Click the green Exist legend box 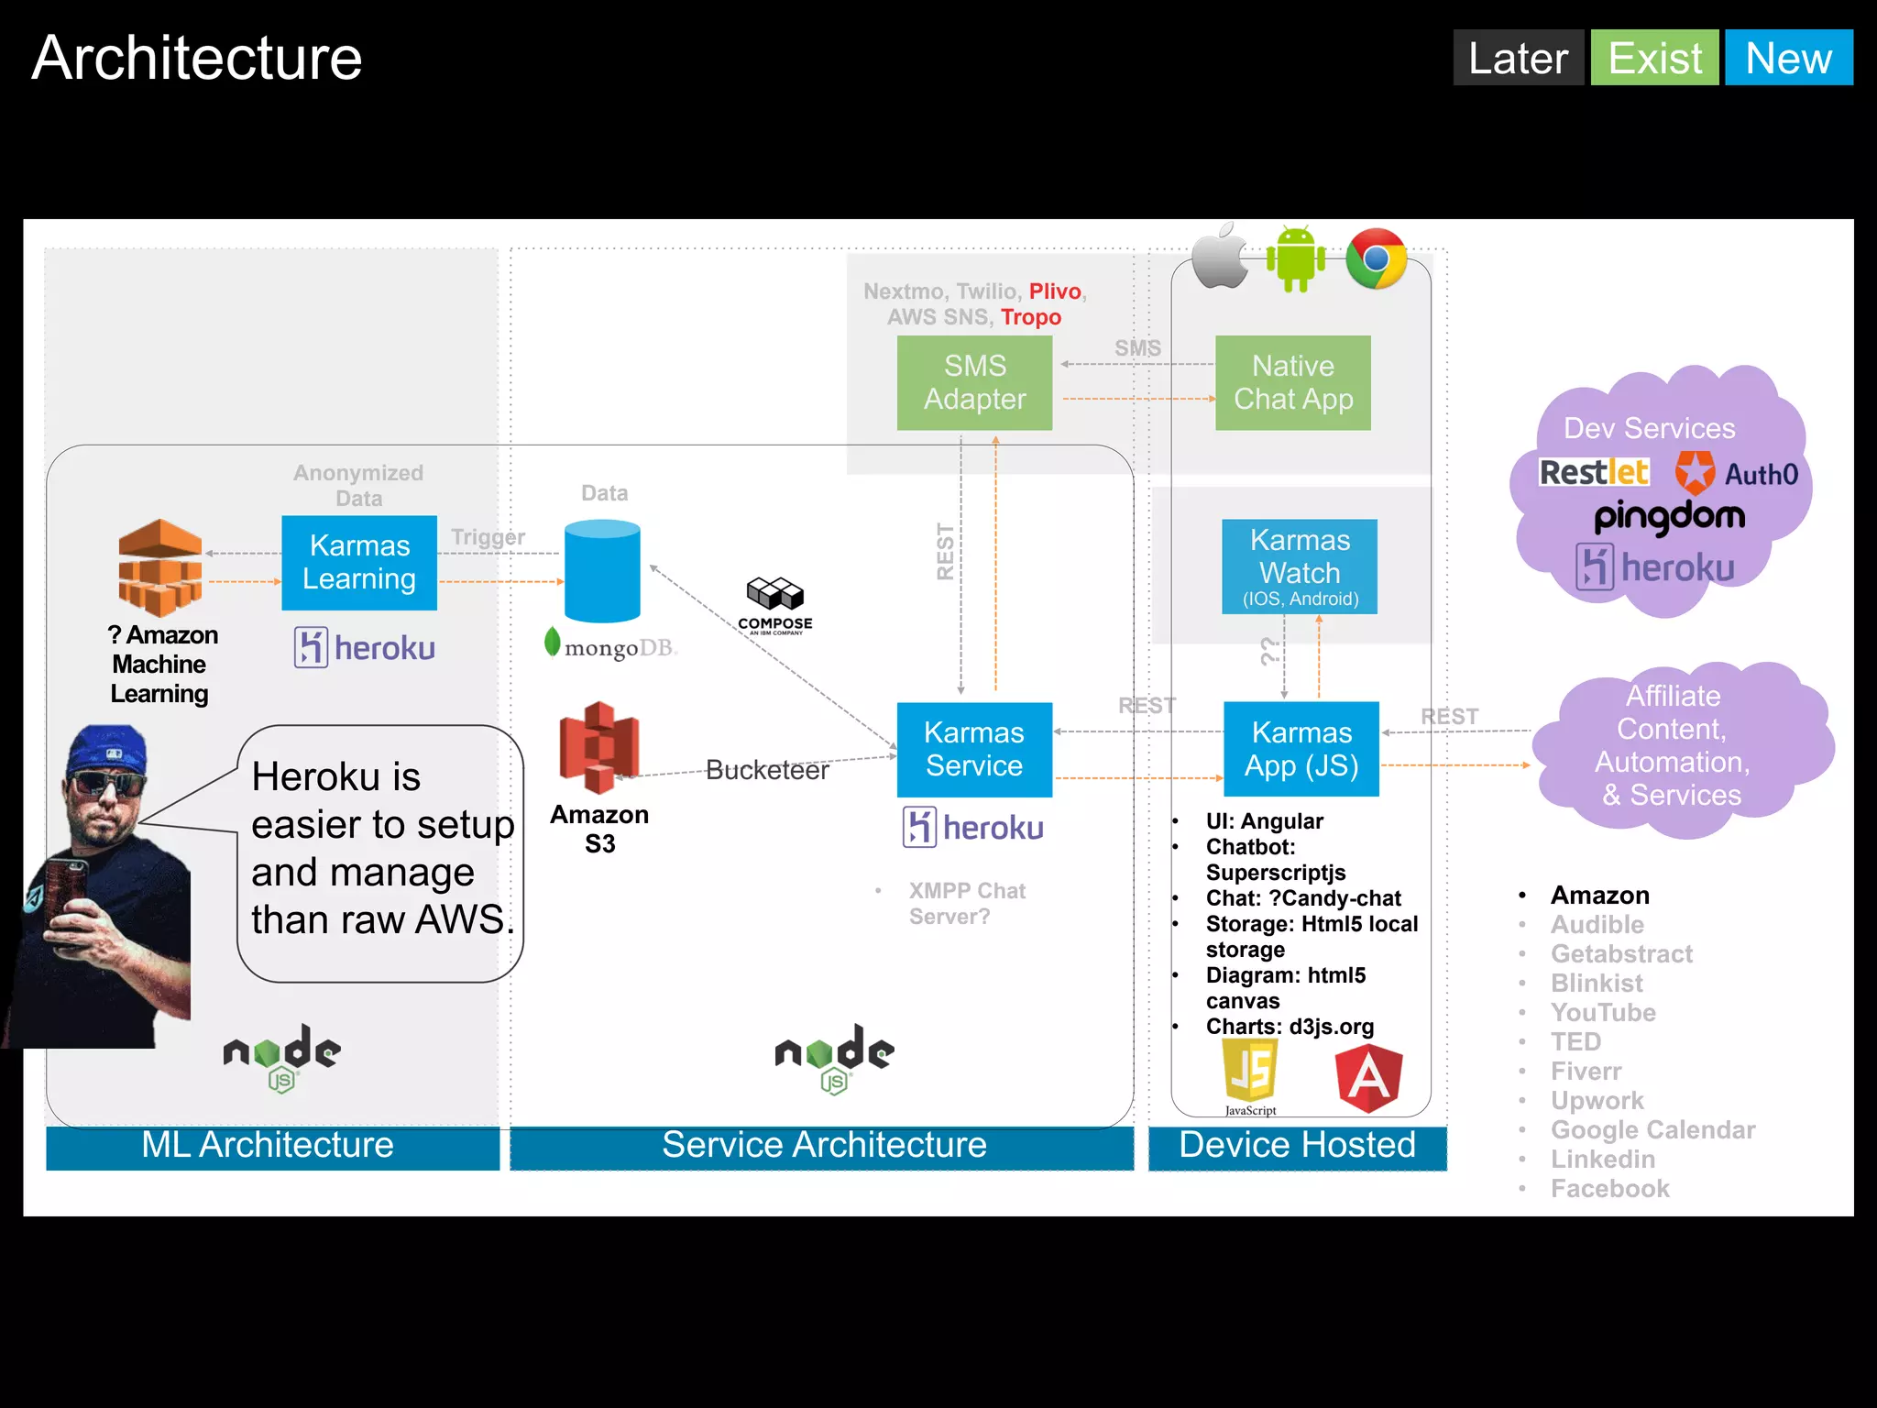click(x=1654, y=58)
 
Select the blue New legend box click(x=1788, y=58)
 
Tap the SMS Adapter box click(x=974, y=382)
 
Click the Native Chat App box click(x=1292, y=382)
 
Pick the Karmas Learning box click(x=358, y=562)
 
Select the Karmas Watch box click(x=1299, y=566)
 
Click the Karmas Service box click(x=973, y=749)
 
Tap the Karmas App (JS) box click(x=1301, y=749)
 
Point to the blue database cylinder click(x=602, y=570)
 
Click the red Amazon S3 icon click(x=599, y=747)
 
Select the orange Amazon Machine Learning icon click(x=160, y=566)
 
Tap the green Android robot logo click(x=1295, y=258)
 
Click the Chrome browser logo click(x=1376, y=258)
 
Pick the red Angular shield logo click(x=1368, y=1078)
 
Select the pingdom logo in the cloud click(x=1669, y=517)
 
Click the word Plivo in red click(x=1055, y=291)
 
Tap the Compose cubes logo click(x=774, y=596)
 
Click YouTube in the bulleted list click(x=1603, y=1012)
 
